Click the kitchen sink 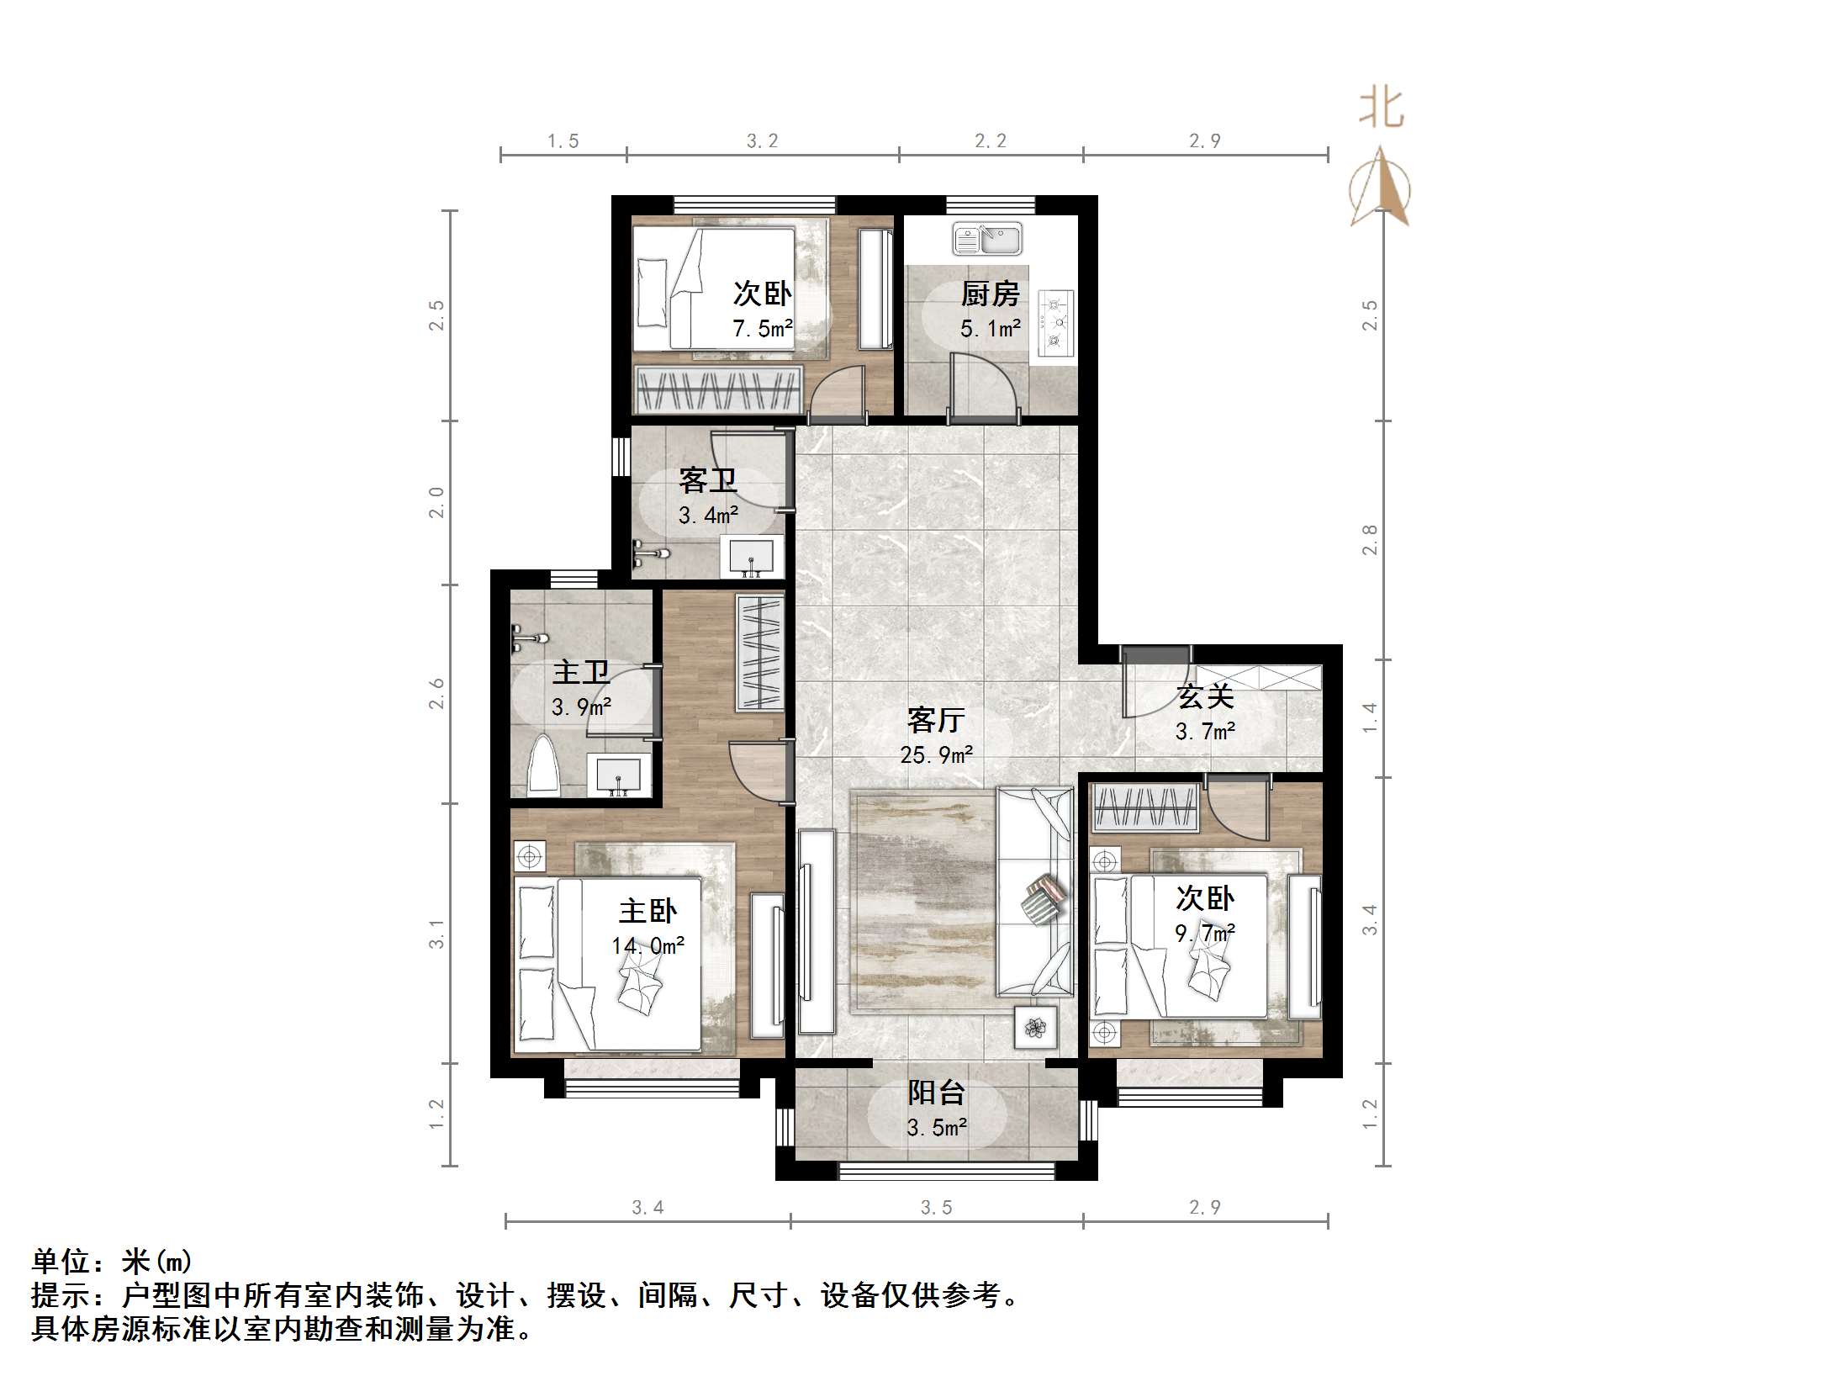tap(986, 239)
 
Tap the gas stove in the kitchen tap(1055, 320)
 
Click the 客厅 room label tap(935, 720)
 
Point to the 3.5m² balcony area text tap(937, 1127)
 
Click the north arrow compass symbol tap(1380, 189)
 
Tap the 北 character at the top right tap(1381, 109)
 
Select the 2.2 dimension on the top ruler tap(991, 141)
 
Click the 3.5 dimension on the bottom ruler tap(936, 1208)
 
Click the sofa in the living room tap(1035, 892)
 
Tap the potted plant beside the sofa tap(1036, 1027)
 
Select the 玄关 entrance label tap(1205, 696)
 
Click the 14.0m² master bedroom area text tap(647, 945)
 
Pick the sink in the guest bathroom tap(751, 557)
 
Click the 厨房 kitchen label tap(990, 294)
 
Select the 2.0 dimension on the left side tap(436, 502)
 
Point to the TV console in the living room tap(817, 932)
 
